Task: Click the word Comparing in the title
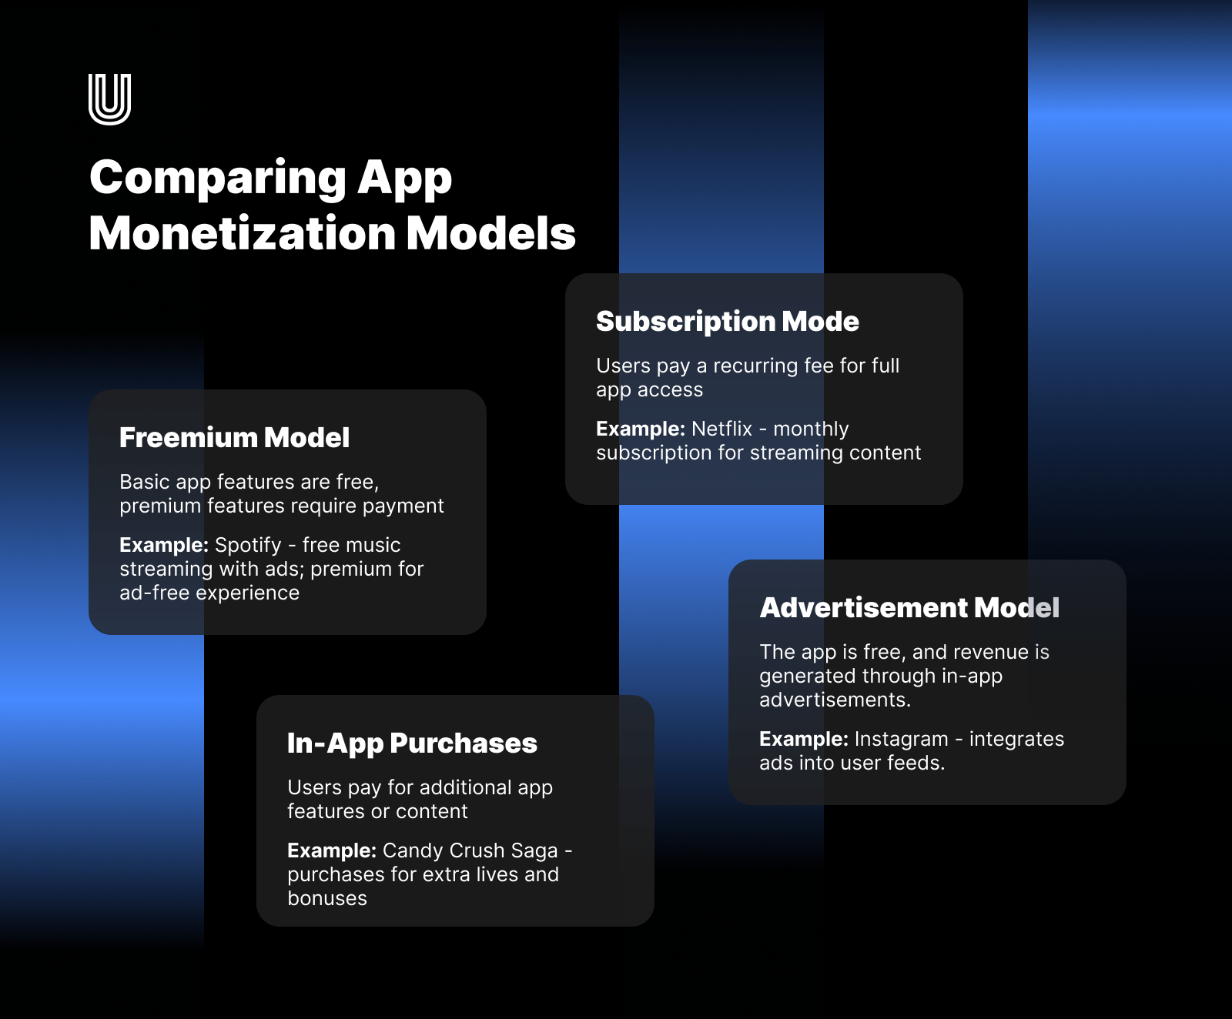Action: coord(219,179)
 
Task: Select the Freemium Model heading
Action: coord(234,437)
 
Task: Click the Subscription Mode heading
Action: coord(728,322)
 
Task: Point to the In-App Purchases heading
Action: coord(412,743)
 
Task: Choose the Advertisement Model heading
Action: coord(909,608)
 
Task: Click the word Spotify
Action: coord(248,546)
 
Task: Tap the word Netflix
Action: coord(721,429)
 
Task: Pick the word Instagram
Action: coord(901,740)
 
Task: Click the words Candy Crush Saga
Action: coord(470,850)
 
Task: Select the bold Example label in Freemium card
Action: coord(164,546)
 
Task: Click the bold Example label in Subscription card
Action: coord(641,429)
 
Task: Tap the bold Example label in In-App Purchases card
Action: coord(332,851)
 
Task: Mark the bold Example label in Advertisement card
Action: coord(804,740)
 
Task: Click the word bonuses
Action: coord(327,898)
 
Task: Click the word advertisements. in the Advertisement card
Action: coord(835,700)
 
